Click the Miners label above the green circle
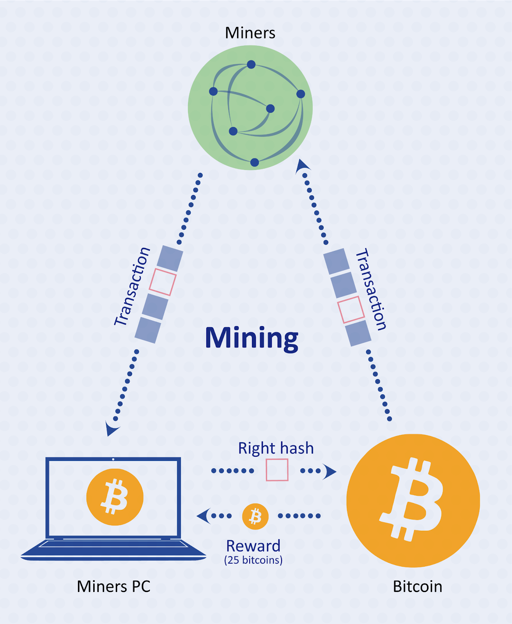[250, 33]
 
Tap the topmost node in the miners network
[251, 64]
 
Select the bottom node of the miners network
[254, 162]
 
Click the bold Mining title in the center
[252, 338]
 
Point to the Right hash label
[276, 448]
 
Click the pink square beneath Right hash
[277, 470]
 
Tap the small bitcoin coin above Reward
[255, 516]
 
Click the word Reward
[253, 546]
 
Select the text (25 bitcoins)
[253, 560]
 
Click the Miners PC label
[113, 587]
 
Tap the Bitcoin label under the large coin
[417, 587]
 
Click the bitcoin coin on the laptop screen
[115, 497]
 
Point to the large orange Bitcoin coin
[413, 500]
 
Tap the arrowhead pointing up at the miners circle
[302, 165]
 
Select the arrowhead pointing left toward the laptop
[204, 516]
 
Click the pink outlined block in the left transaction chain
[163, 282]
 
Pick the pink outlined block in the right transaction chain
[351, 310]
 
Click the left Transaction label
[132, 287]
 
